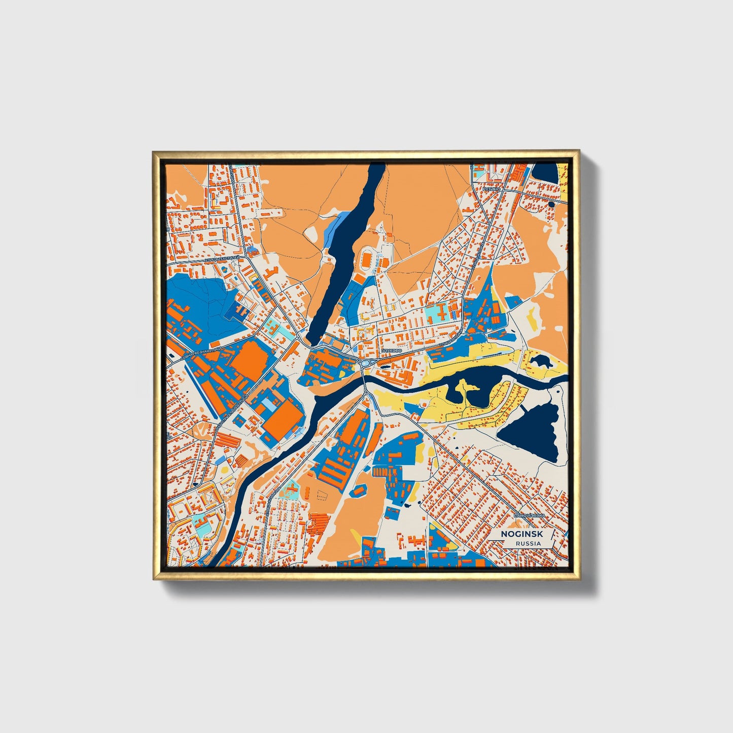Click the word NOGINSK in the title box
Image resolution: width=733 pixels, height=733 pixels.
(522, 534)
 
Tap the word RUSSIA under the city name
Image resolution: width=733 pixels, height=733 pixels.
(528, 544)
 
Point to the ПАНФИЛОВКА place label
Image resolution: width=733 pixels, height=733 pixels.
(529, 515)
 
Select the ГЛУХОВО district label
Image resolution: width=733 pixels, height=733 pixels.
(391, 351)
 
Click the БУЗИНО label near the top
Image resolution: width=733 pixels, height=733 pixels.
(491, 189)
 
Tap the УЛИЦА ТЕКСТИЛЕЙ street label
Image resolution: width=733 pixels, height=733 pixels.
(221, 259)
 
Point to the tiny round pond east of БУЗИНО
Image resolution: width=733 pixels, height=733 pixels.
(551, 204)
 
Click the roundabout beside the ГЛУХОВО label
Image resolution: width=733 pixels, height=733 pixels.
(365, 363)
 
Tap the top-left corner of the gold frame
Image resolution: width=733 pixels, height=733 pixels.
(153, 151)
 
